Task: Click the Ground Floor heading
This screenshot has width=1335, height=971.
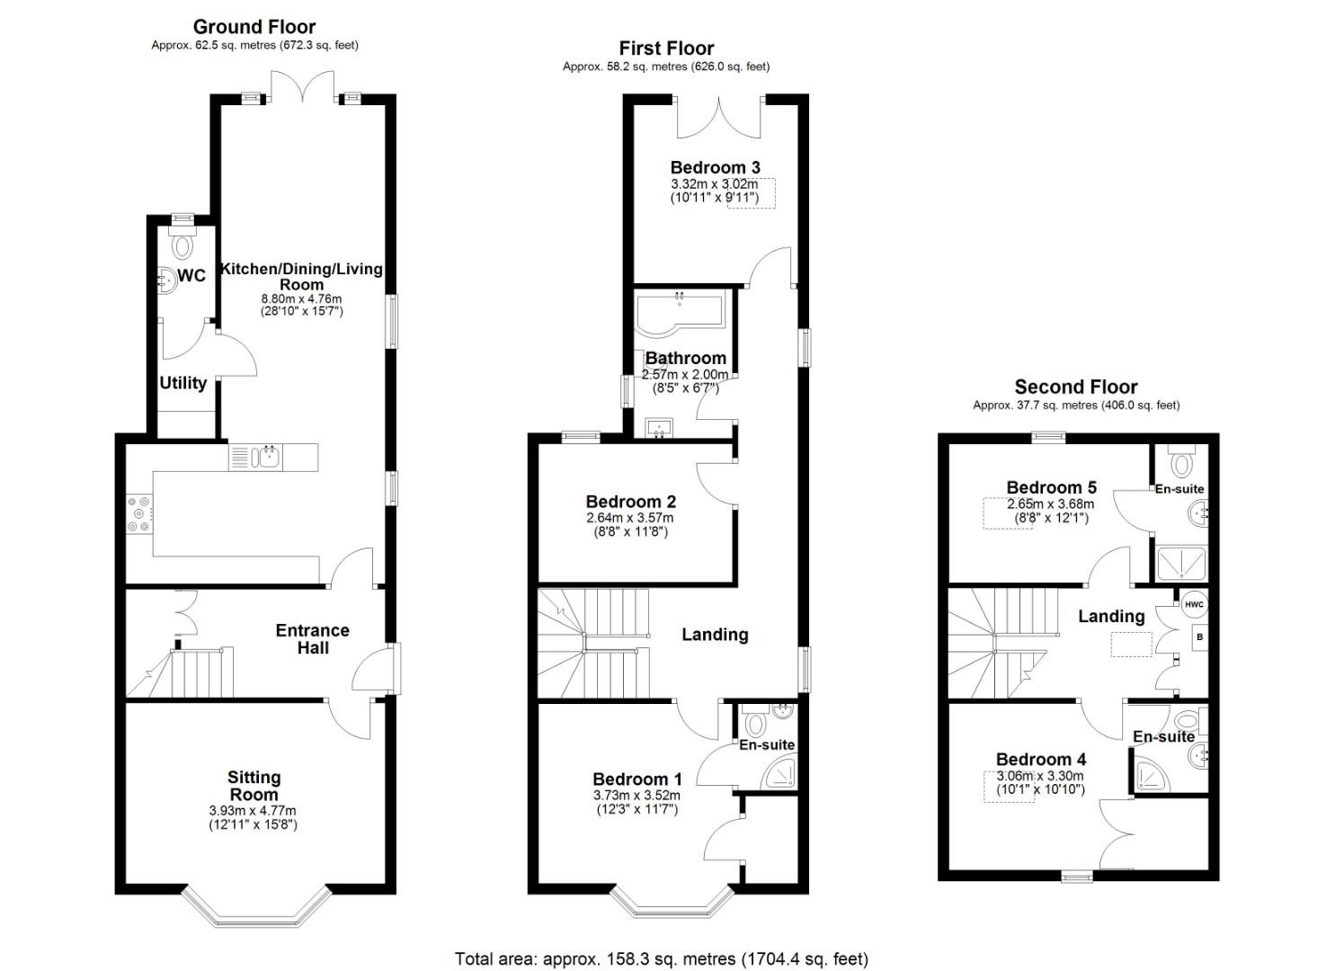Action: pyautogui.click(x=254, y=27)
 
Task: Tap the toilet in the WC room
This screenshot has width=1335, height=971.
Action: pyautogui.click(x=182, y=244)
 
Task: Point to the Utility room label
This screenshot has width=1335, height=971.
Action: pyautogui.click(x=183, y=383)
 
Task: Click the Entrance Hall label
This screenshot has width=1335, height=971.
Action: pyautogui.click(x=312, y=639)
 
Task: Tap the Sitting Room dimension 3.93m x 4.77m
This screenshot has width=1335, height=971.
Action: pyautogui.click(x=253, y=811)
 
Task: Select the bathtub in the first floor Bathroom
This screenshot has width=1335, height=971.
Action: pyautogui.click(x=680, y=314)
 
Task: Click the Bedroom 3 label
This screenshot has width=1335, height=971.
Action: pyautogui.click(x=716, y=167)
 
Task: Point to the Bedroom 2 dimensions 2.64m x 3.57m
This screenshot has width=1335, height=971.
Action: pyautogui.click(x=630, y=518)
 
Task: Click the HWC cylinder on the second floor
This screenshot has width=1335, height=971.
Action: pyautogui.click(x=1194, y=604)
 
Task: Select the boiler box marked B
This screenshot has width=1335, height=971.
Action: pyautogui.click(x=1199, y=637)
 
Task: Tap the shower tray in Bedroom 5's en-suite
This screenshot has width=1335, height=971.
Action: pyautogui.click(x=1181, y=564)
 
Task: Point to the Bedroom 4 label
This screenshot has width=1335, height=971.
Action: pyautogui.click(x=1041, y=760)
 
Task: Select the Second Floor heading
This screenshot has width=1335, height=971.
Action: pyautogui.click(x=1076, y=388)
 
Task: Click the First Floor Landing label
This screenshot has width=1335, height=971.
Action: pyautogui.click(x=716, y=635)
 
